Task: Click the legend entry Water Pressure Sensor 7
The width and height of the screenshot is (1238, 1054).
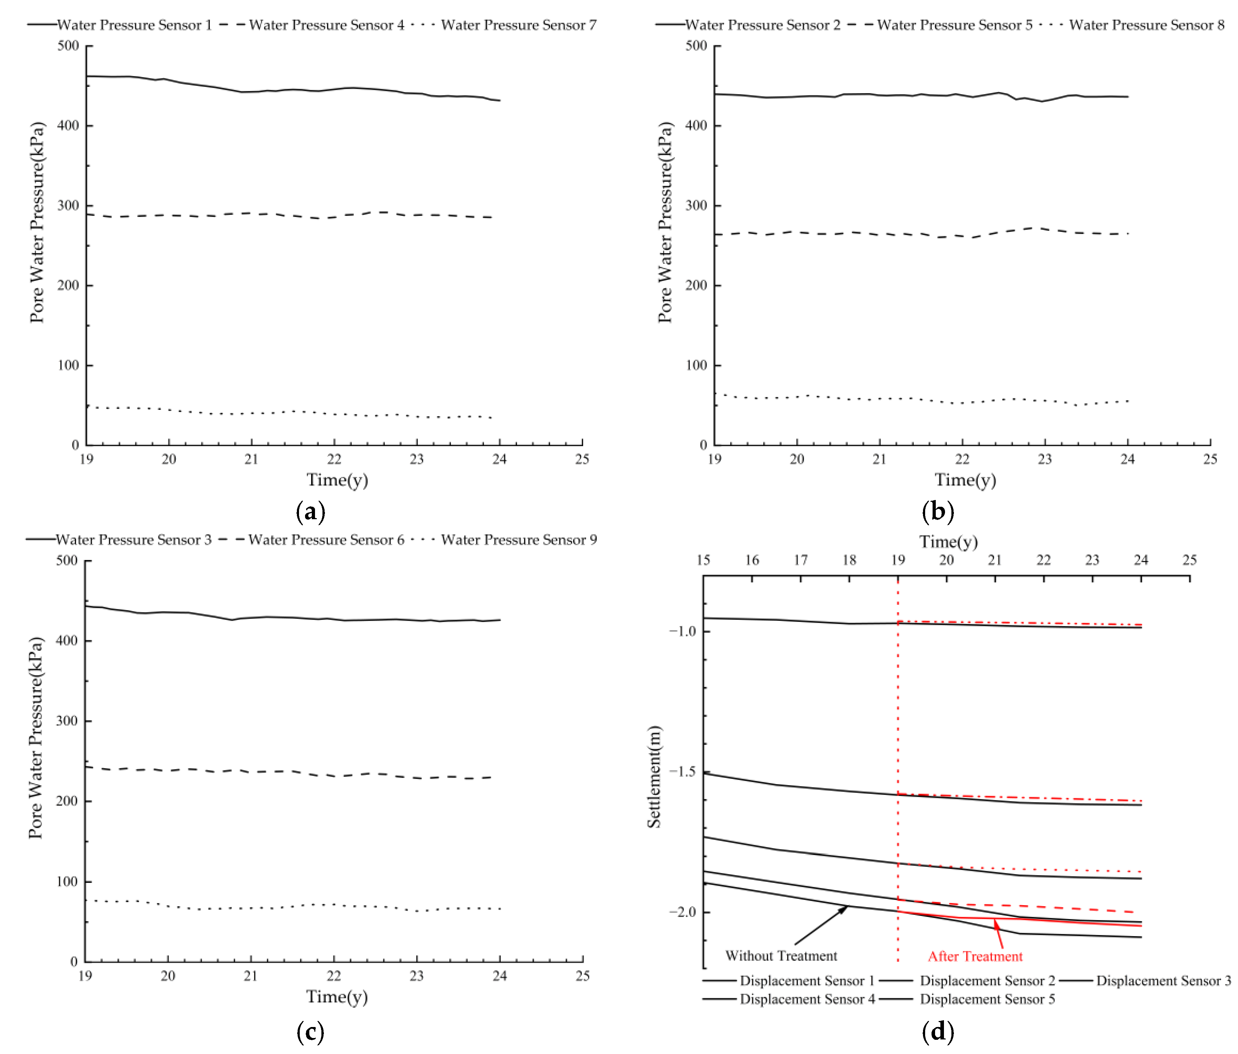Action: pyautogui.click(x=518, y=25)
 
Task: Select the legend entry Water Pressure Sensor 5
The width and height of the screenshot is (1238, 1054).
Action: pyautogui.click(x=954, y=25)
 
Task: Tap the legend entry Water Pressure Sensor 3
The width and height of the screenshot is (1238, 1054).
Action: pyautogui.click(x=133, y=539)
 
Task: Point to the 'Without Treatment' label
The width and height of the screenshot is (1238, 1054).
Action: pyautogui.click(x=781, y=955)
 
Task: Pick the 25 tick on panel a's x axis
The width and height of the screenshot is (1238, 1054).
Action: pyautogui.click(x=582, y=459)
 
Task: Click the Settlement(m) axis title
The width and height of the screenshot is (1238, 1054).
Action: pyautogui.click(x=655, y=776)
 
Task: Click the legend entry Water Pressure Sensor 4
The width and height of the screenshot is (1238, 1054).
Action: pyautogui.click(x=326, y=25)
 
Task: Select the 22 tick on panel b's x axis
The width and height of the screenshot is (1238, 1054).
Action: pyautogui.click(x=962, y=459)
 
